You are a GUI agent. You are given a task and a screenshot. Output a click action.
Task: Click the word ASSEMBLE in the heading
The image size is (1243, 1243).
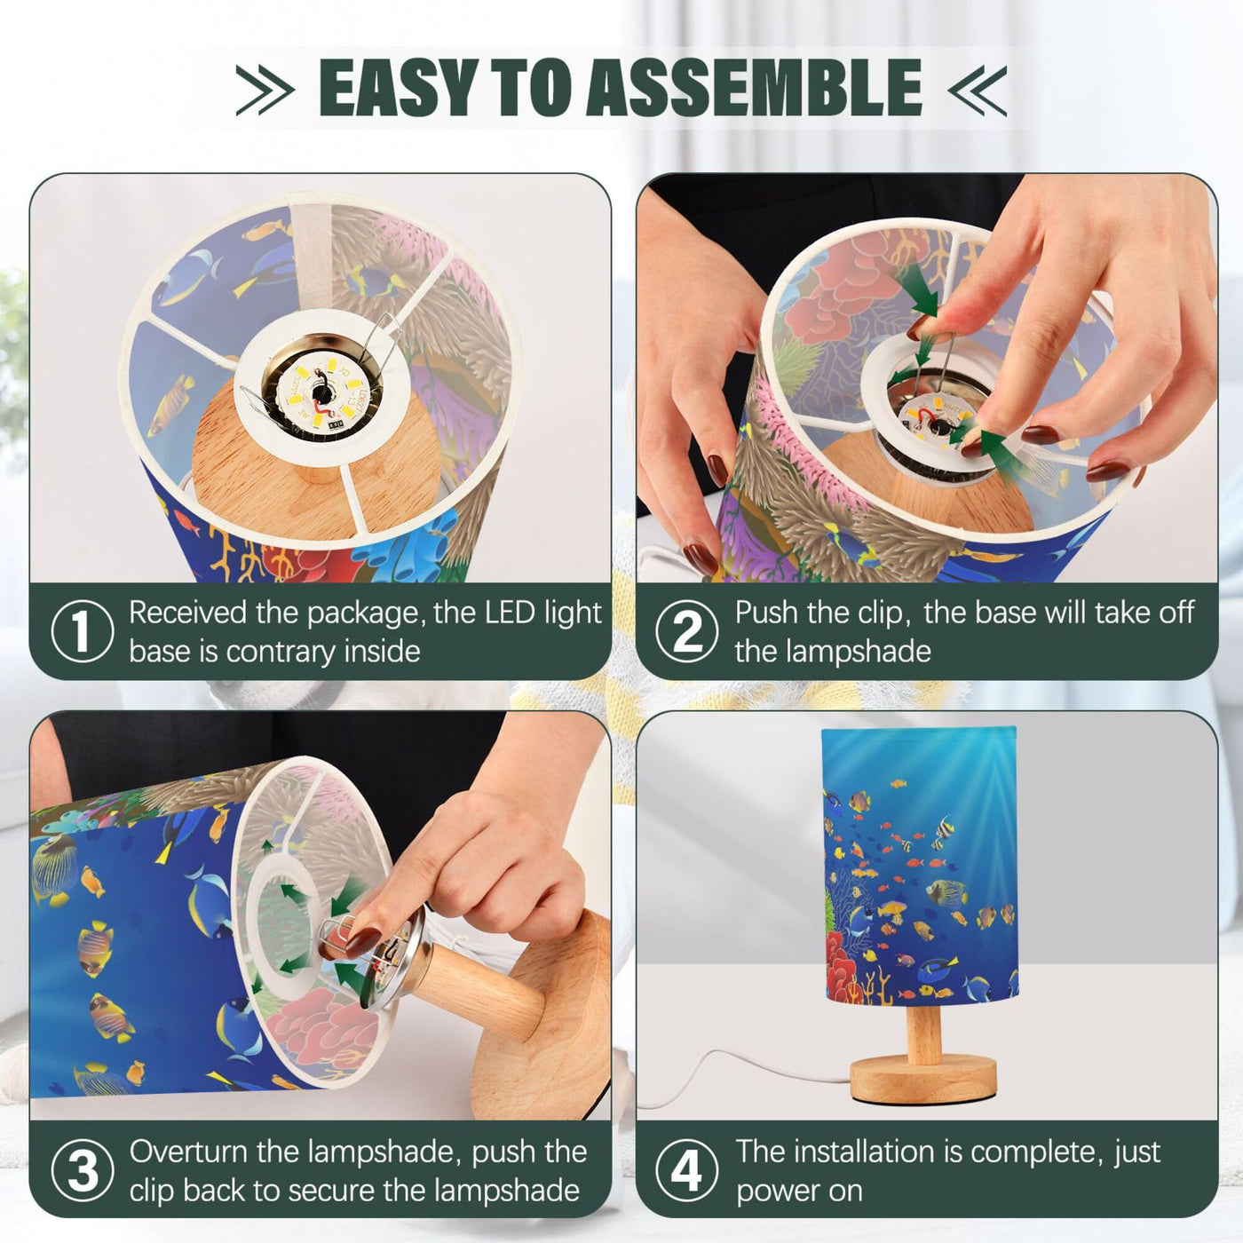click(x=753, y=87)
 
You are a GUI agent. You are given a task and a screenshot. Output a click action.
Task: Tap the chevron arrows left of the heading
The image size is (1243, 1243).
click(x=265, y=90)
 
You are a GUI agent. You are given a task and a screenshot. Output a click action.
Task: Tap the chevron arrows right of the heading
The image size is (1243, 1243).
click(x=977, y=90)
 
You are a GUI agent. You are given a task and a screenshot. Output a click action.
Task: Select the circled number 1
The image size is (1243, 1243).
click(x=82, y=631)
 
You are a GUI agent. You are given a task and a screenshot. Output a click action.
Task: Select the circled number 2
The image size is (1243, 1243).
click(x=687, y=631)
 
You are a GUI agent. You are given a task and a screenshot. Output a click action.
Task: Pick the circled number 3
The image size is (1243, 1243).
click(x=82, y=1170)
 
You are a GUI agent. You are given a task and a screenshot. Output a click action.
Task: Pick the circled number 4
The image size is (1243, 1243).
click(x=687, y=1170)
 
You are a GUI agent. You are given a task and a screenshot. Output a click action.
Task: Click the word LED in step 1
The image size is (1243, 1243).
click(x=509, y=612)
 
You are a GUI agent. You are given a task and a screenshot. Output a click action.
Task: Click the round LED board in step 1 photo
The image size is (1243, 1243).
click(x=320, y=395)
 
